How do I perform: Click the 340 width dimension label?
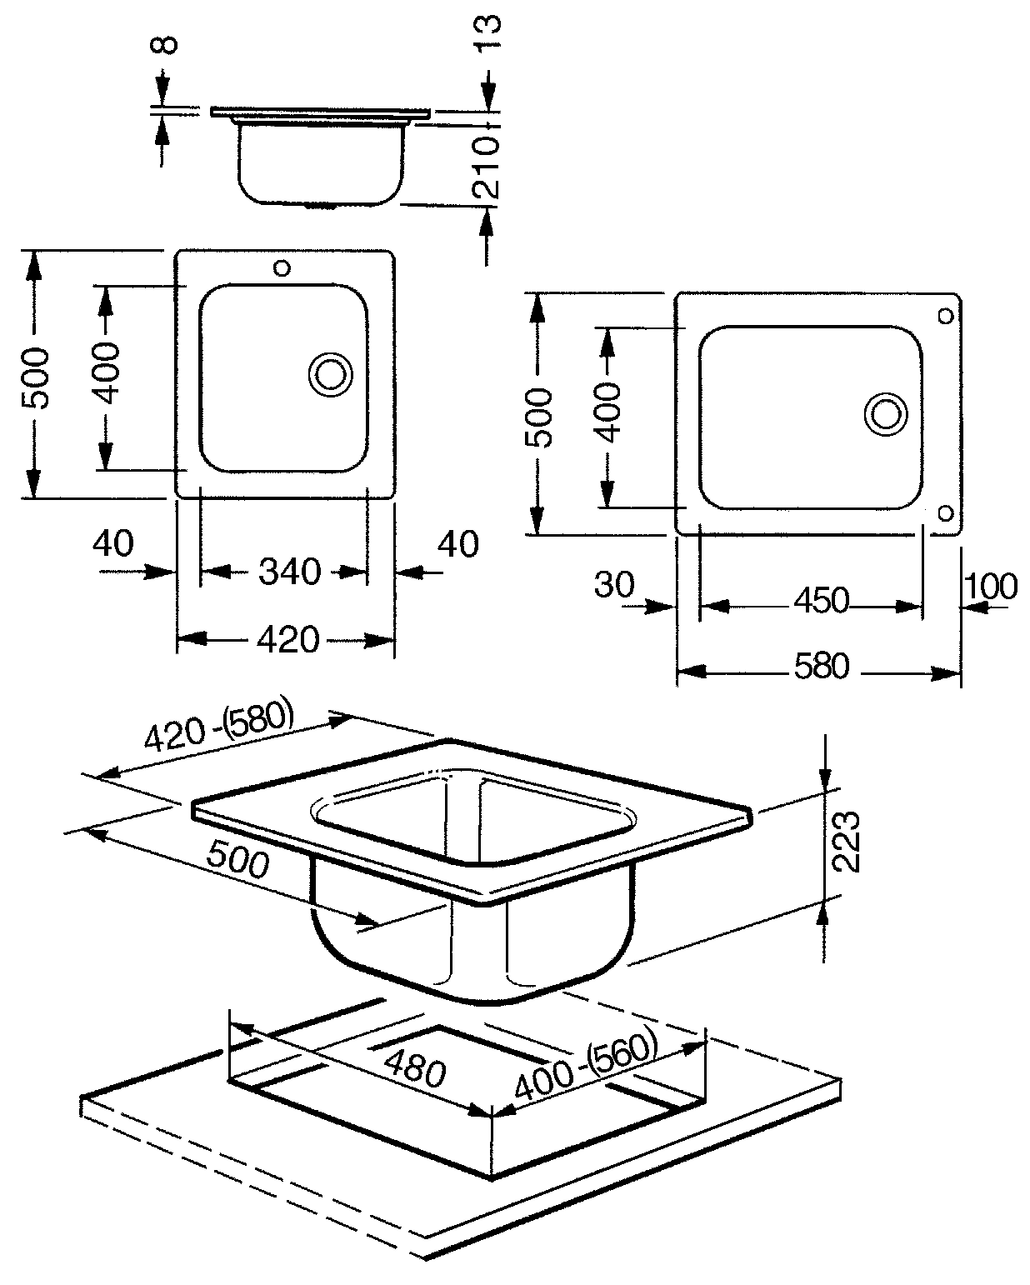point(290,572)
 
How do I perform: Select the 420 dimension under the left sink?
point(288,639)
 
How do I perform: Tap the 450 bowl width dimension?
point(821,601)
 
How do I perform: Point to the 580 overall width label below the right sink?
point(821,667)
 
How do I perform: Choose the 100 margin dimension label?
point(991,586)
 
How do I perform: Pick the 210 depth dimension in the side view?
point(486,167)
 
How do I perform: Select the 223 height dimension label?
point(846,842)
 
